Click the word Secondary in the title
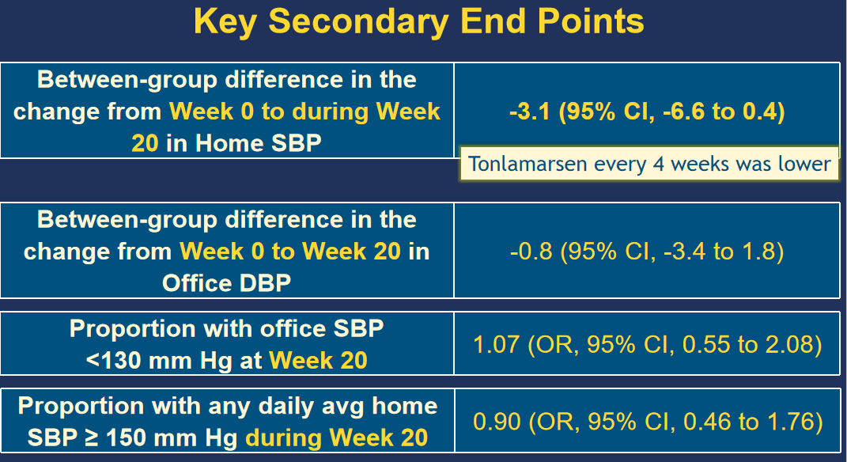358,23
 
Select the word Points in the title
591,21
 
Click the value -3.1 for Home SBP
529,112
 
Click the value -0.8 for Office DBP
531,252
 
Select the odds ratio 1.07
496,344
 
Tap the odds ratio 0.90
497,422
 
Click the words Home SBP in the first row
258,143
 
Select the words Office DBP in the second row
226,283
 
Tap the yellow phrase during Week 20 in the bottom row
337,437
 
